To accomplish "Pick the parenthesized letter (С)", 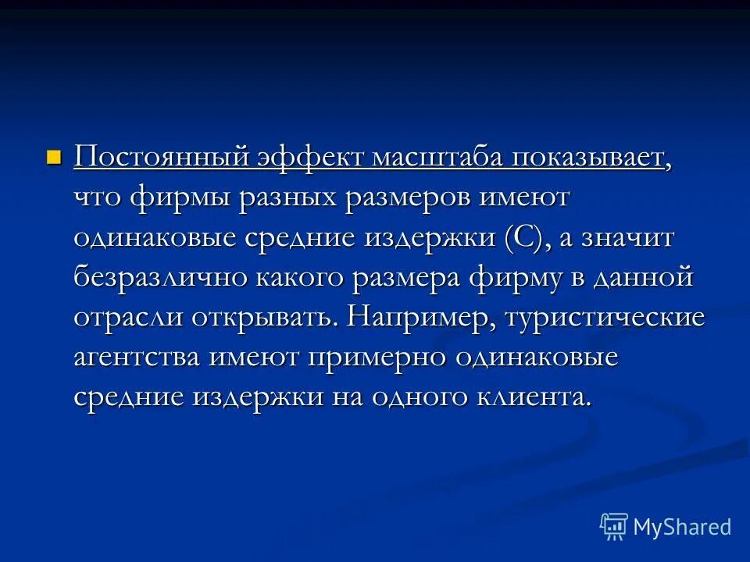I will [x=522, y=238].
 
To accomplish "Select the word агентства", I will [x=137, y=357].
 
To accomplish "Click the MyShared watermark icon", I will [x=613, y=526].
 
